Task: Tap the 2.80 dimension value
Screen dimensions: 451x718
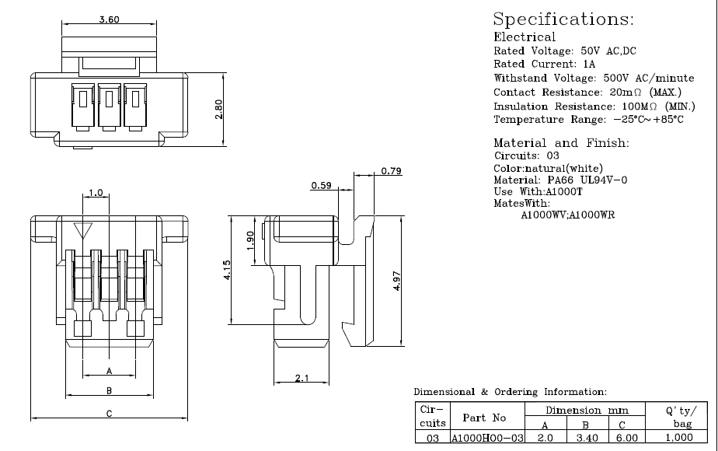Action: point(220,109)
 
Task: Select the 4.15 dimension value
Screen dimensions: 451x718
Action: point(226,271)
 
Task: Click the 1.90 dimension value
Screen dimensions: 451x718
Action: point(249,239)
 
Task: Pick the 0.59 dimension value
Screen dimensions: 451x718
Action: point(321,186)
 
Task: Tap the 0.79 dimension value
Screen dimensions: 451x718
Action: point(391,171)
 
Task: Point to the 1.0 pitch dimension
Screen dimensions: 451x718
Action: point(96,192)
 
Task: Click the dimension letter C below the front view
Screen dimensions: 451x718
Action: point(110,414)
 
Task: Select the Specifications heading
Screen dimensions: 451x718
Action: point(564,19)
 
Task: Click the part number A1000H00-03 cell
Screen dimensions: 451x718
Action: point(488,439)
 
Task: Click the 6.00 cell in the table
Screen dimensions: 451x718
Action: point(626,439)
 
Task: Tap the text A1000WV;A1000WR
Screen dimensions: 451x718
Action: point(573,215)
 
